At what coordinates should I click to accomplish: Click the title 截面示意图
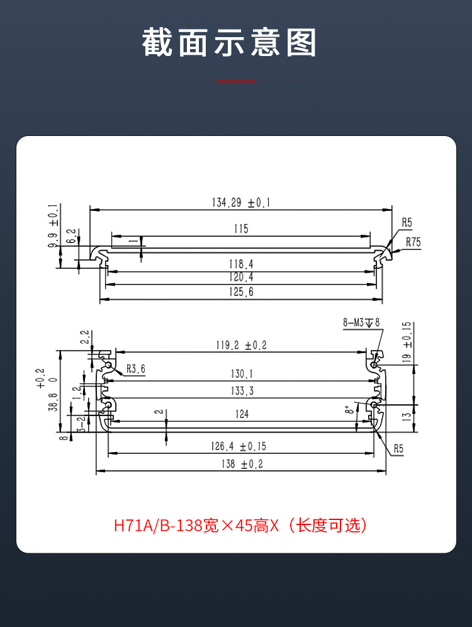pos(230,43)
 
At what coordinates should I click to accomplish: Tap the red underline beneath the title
pos(235,81)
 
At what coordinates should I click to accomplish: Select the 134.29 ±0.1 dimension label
pos(240,203)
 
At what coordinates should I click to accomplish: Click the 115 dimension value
pos(241,229)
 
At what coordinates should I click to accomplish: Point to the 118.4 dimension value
pos(241,264)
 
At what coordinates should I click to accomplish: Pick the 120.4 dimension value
pos(241,278)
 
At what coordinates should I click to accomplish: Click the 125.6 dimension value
pos(241,292)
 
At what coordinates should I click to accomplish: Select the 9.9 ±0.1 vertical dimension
pos(53,226)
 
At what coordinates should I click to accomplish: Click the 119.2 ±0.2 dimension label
pos(241,345)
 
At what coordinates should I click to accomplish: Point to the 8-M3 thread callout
pos(361,322)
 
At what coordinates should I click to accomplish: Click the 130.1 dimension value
pos(242,374)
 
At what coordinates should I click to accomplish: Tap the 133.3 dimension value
pos(242,391)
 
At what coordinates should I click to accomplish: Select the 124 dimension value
pos(242,414)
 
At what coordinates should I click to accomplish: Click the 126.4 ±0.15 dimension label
pos(241,446)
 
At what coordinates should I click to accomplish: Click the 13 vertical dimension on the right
pos(407,416)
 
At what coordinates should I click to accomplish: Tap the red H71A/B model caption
pos(240,526)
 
